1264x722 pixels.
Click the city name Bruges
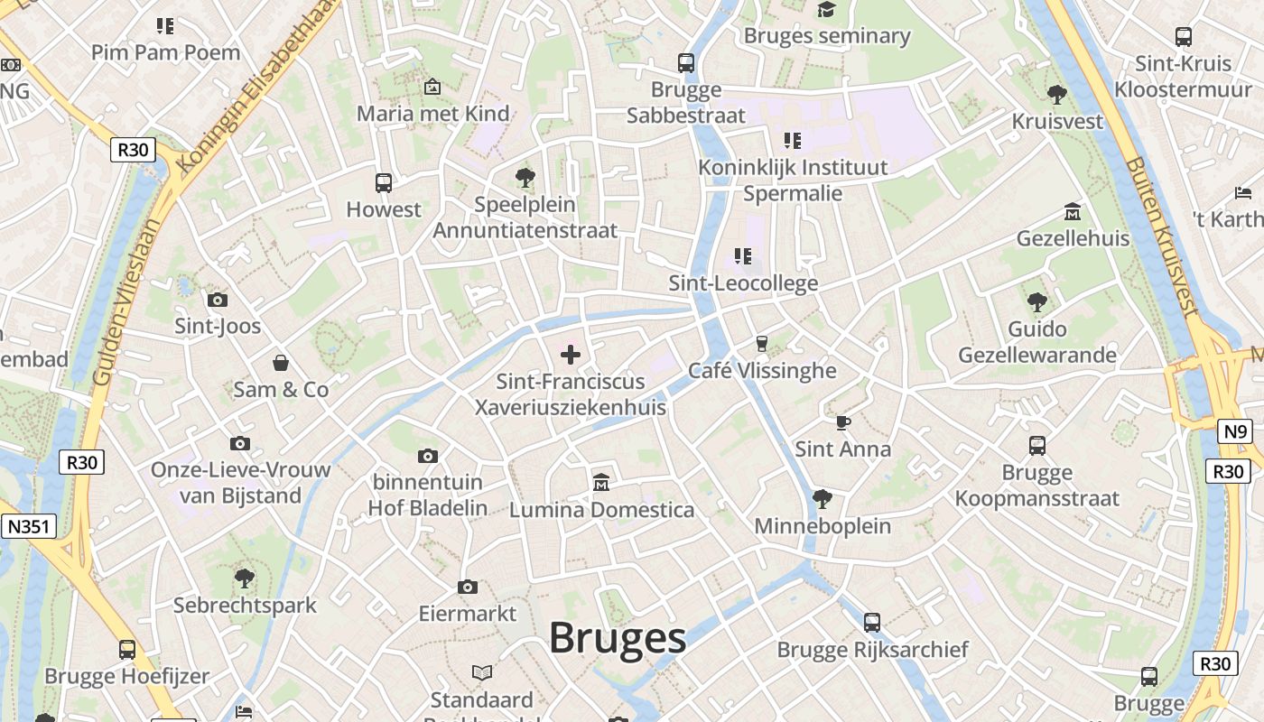[x=618, y=638]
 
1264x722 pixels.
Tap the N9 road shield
[x=1234, y=431]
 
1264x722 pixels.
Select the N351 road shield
[x=29, y=526]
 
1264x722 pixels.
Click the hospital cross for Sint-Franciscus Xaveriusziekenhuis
[x=571, y=354]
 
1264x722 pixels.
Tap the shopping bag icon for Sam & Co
[x=281, y=363]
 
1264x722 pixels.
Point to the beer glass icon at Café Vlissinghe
[x=762, y=344]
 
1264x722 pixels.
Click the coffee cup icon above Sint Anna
[x=842, y=421]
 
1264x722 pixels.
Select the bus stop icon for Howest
[x=384, y=183]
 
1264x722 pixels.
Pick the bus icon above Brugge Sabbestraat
[x=686, y=63]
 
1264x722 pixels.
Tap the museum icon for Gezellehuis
[x=1073, y=212]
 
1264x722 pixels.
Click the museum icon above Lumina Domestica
[x=601, y=483]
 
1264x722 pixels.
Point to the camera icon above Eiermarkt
[x=468, y=588]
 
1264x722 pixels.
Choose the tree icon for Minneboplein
[x=822, y=498]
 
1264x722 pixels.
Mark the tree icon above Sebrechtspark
[x=244, y=578]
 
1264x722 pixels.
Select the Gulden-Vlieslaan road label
[x=128, y=302]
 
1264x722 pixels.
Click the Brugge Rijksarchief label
[x=872, y=650]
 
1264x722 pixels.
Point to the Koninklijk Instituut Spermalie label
[x=793, y=180]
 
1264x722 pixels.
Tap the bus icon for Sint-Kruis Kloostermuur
[x=1184, y=37]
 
